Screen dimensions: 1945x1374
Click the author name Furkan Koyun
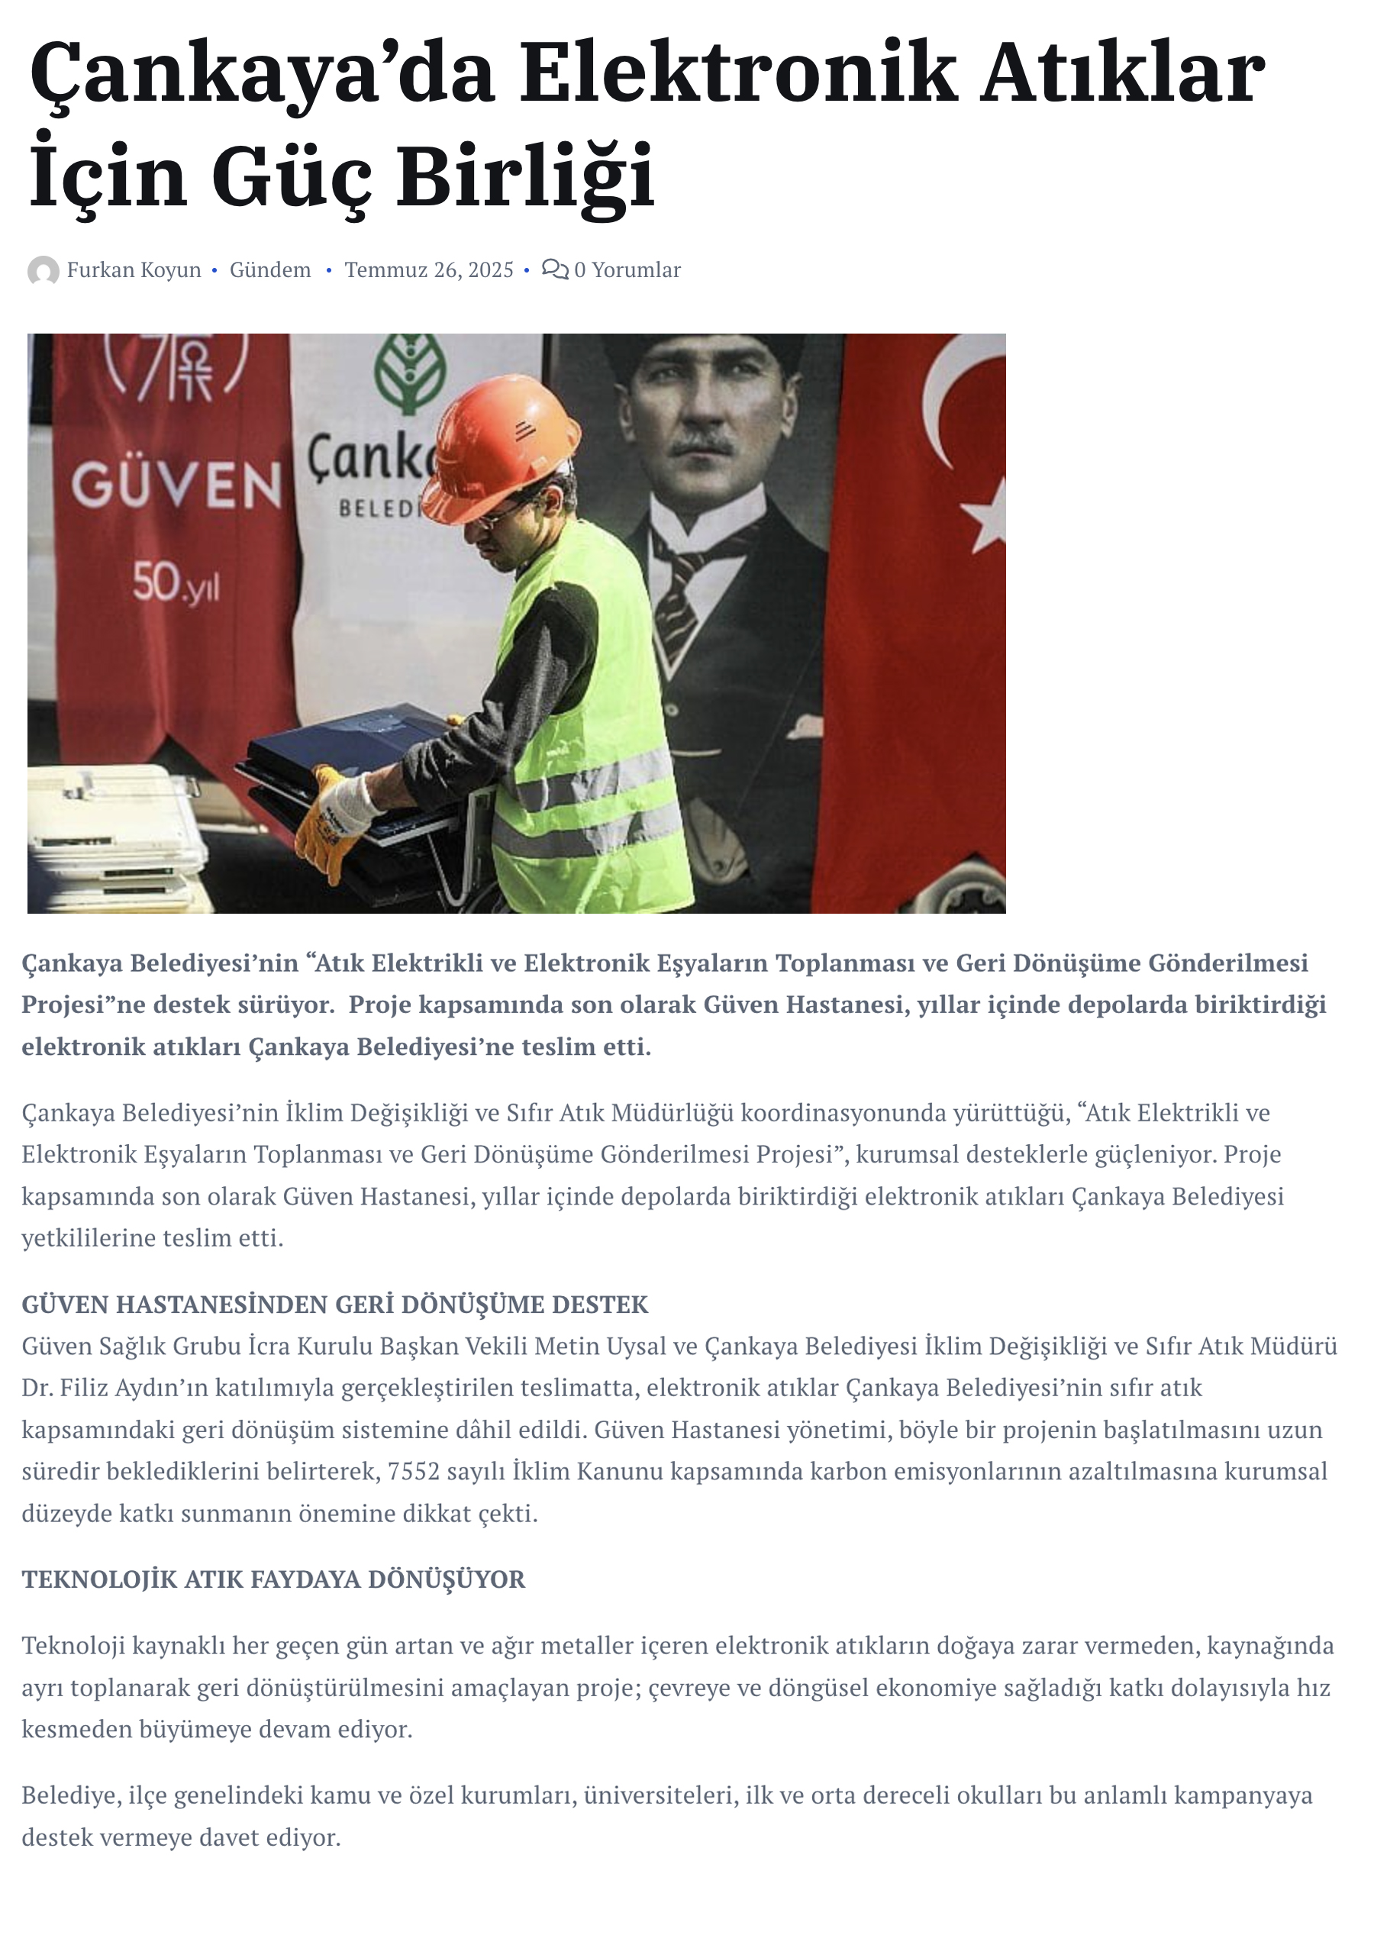pyautogui.click(x=134, y=270)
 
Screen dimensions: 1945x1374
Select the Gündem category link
pyautogui.click(x=270, y=270)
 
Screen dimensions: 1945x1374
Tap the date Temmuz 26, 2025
pyautogui.click(x=429, y=270)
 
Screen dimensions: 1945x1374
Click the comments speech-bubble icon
pyautogui.click(x=554, y=269)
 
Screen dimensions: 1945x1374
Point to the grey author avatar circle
pyautogui.click(x=44, y=271)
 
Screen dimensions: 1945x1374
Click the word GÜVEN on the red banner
pyautogui.click(x=176, y=485)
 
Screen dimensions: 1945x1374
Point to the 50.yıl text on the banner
pyautogui.click(x=176, y=584)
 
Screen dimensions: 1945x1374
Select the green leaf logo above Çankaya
pyautogui.click(x=411, y=373)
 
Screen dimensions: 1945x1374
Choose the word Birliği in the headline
pyautogui.click(x=526, y=176)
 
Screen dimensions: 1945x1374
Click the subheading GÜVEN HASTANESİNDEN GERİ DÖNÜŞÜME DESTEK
pyautogui.click(x=334, y=1304)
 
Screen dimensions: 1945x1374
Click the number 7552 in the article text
pyautogui.click(x=414, y=1472)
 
